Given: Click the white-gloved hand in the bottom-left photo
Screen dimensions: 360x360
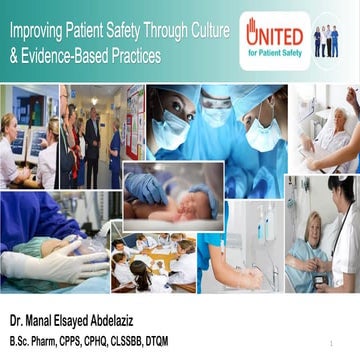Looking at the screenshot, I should (40, 265).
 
